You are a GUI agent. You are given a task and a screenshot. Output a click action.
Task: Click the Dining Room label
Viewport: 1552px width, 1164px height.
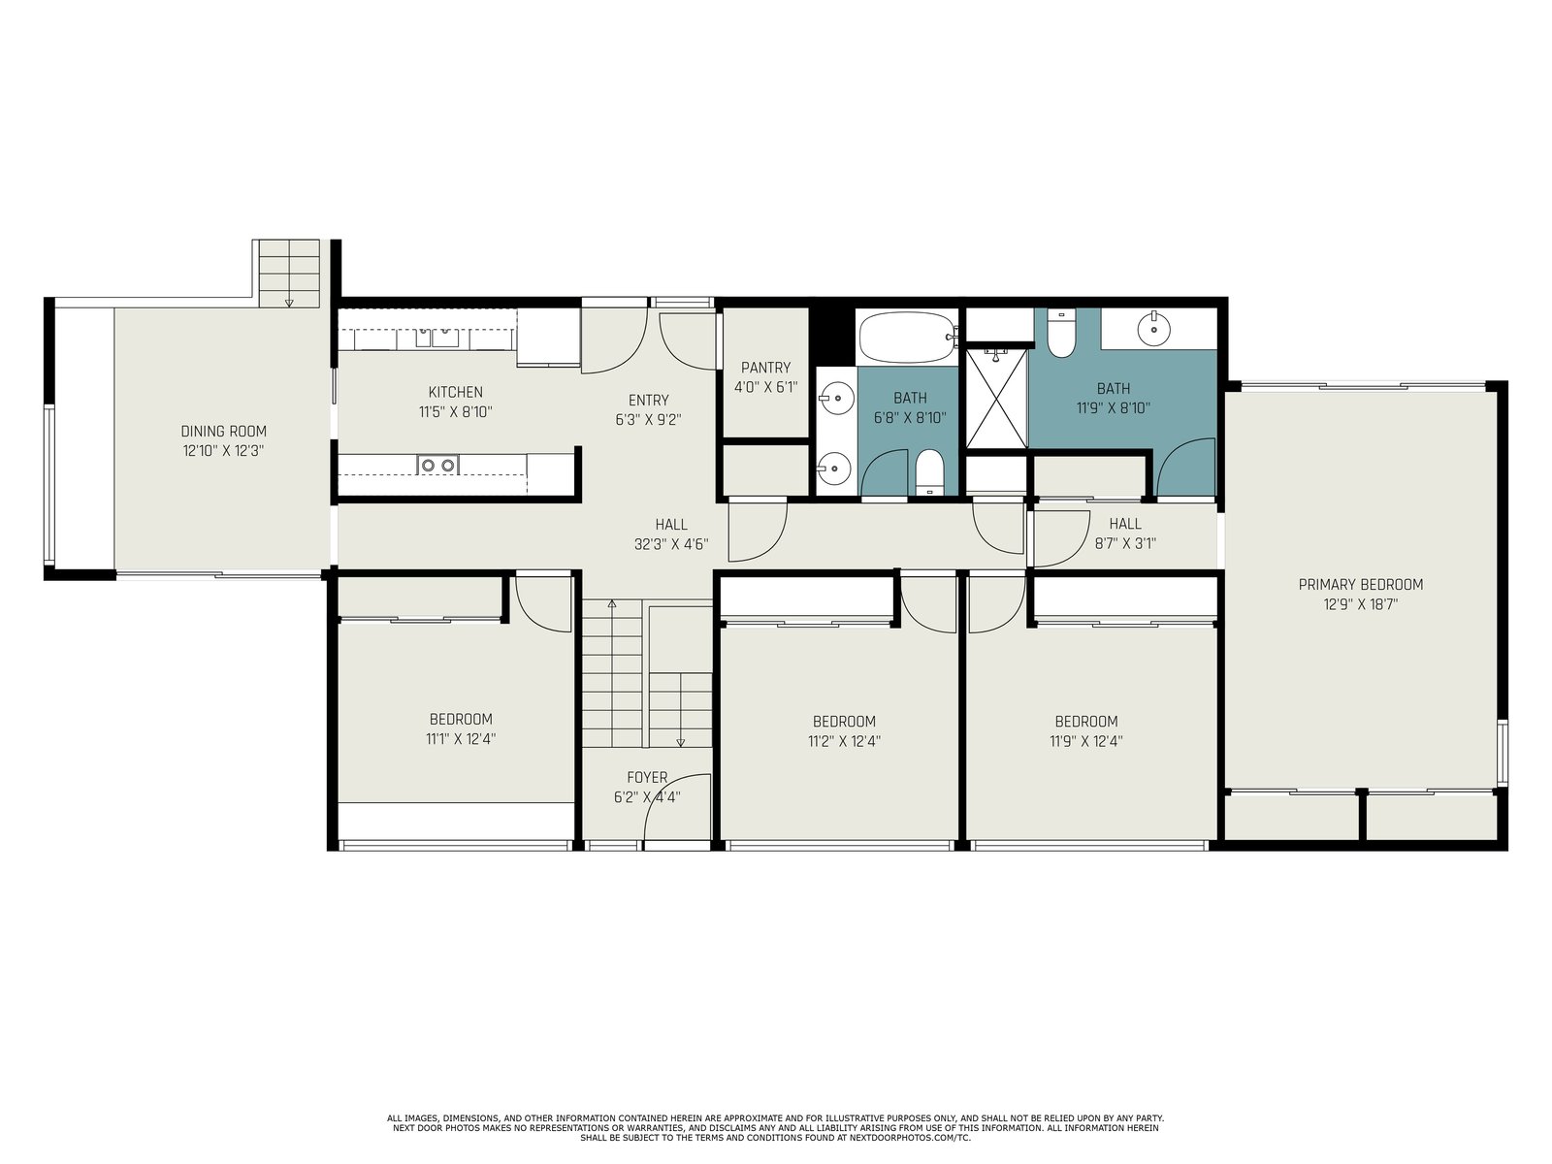click(223, 431)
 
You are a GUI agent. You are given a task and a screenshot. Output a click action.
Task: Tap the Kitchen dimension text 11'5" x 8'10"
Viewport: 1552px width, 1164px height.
click(455, 412)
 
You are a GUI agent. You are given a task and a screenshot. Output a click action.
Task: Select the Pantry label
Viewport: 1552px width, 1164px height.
click(765, 368)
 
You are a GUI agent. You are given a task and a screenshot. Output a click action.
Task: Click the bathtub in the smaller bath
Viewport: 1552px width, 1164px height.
click(907, 338)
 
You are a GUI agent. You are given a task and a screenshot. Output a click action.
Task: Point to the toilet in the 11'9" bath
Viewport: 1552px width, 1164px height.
click(1060, 334)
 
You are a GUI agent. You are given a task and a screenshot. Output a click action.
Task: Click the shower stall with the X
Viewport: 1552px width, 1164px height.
click(996, 398)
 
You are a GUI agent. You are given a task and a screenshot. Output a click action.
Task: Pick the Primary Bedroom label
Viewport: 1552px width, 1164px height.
click(1360, 585)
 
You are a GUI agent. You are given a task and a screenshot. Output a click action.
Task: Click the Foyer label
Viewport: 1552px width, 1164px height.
click(647, 777)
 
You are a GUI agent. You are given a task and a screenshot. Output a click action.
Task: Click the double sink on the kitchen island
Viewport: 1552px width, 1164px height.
click(437, 465)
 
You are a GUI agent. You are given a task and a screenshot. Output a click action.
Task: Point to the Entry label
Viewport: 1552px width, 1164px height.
click(648, 400)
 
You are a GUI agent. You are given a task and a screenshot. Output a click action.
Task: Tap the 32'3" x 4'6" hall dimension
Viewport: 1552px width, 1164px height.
click(671, 544)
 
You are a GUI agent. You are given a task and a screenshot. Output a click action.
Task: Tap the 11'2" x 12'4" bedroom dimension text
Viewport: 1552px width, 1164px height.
click(844, 741)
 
